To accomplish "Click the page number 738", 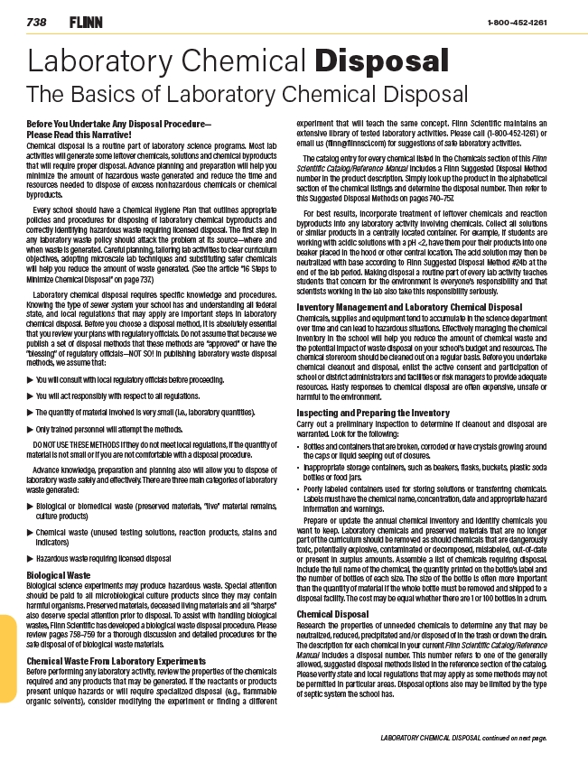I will [x=37, y=22].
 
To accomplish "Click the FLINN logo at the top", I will [x=85, y=22].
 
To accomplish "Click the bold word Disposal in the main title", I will [x=381, y=61].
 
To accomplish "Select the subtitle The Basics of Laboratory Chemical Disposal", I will [x=247, y=93].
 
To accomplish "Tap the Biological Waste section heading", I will [x=59, y=573].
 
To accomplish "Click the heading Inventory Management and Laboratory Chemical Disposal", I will [x=410, y=307].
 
